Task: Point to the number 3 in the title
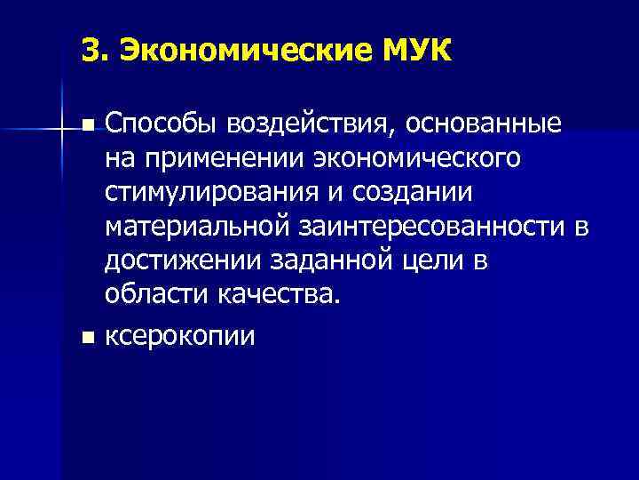coord(87,50)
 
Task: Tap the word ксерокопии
coord(180,337)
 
